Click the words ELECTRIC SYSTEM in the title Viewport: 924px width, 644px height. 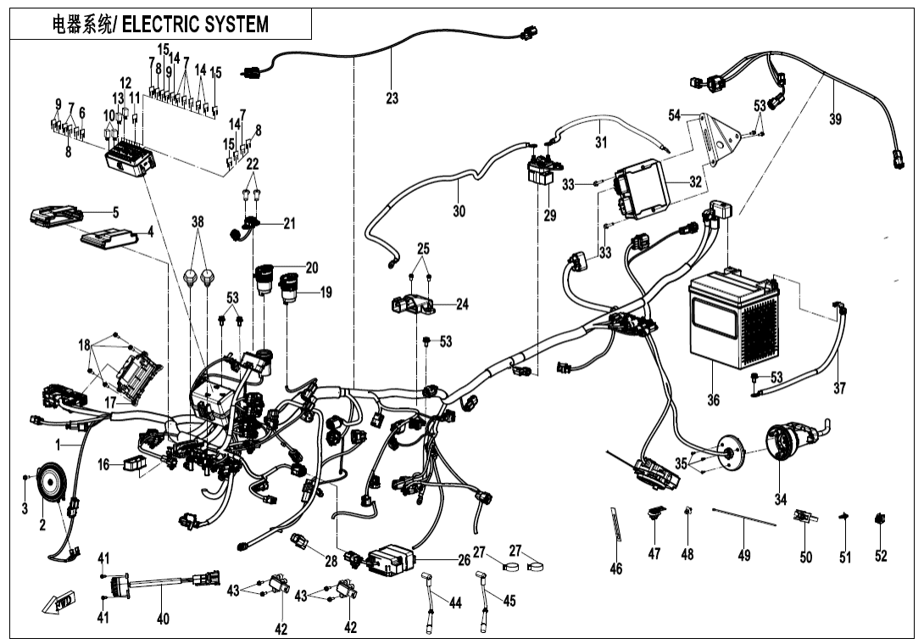[196, 25]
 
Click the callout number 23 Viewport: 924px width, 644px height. [392, 98]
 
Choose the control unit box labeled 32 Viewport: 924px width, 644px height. [642, 190]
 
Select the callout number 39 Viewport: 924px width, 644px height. [835, 120]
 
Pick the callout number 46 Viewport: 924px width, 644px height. [616, 568]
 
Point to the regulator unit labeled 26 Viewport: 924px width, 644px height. [391, 558]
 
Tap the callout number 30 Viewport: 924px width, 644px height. [459, 211]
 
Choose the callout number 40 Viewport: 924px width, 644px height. [163, 619]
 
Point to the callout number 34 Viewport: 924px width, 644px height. [781, 496]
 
